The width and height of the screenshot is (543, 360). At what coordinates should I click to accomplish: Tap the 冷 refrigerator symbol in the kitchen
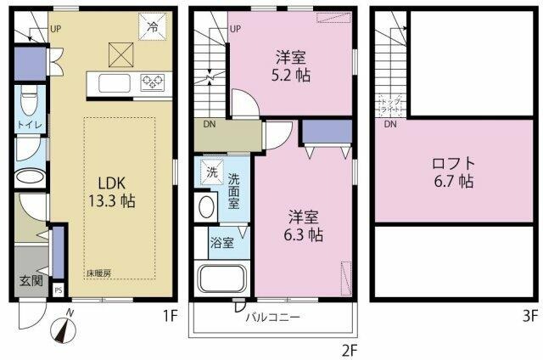153,27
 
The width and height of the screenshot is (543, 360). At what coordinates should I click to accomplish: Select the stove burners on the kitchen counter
153,82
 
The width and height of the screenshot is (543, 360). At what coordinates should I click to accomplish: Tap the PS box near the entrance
58,289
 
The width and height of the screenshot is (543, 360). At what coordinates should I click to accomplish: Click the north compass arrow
67,325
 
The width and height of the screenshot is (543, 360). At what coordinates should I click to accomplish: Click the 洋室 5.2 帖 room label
291,66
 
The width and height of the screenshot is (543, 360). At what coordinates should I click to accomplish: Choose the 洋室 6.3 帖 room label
303,224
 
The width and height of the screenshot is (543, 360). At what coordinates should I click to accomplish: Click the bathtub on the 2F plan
221,279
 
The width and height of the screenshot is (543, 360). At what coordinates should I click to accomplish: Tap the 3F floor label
529,317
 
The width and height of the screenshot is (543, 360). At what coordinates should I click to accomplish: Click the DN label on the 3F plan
389,126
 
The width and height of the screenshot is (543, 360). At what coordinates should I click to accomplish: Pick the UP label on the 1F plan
55,28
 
